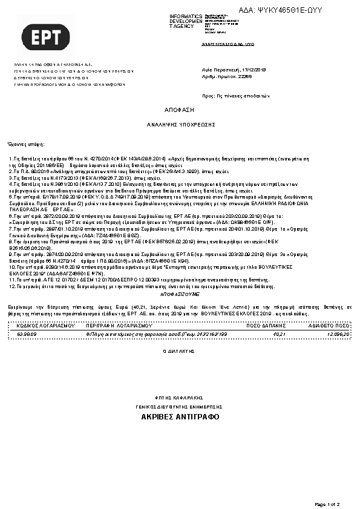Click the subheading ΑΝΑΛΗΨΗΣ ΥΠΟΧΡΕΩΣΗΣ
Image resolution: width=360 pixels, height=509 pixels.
click(x=181, y=123)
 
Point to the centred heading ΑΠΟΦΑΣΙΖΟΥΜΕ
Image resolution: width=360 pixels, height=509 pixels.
click(x=180, y=291)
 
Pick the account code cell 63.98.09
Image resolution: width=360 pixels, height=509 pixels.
click(x=27, y=333)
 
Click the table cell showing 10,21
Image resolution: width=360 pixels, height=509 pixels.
click(x=279, y=333)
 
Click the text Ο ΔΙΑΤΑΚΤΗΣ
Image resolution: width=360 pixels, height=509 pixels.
click(x=180, y=351)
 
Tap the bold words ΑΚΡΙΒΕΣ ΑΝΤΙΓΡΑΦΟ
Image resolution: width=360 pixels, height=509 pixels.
click(x=180, y=418)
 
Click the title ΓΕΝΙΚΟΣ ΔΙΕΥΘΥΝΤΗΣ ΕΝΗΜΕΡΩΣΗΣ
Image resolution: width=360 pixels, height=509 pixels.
click(x=180, y=407)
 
